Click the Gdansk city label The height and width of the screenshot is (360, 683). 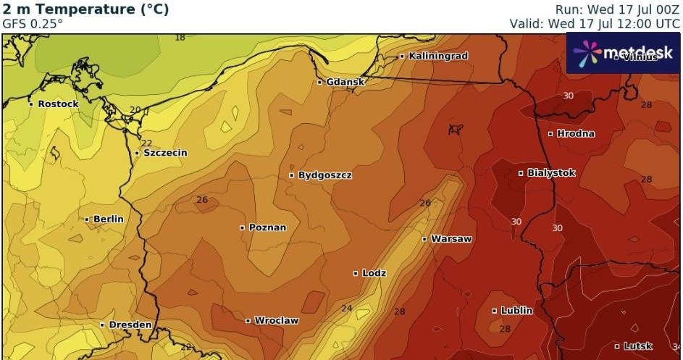click(345, 82)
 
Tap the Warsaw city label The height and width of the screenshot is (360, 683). click(451, 238)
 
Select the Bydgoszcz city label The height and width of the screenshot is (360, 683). click(324, 175)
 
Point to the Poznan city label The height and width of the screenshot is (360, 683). click(267, 227)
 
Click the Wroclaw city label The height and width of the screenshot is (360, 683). click(276, 320)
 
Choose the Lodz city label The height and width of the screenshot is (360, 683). click(374, 273)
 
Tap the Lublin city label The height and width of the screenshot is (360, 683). click(516, 311)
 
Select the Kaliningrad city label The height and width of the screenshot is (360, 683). click(438, 56)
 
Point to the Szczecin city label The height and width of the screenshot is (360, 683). click(165, 153)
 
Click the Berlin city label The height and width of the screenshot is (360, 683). click(108, 219)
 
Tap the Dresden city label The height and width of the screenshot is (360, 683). click(130, 325)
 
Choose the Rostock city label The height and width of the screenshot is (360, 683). click(58, 104)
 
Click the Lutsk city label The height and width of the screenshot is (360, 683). click(637, 346)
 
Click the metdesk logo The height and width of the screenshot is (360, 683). click(623, 53)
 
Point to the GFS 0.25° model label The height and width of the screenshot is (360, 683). click(33, 23)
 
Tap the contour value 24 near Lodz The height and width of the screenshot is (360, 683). click(347, 309)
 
